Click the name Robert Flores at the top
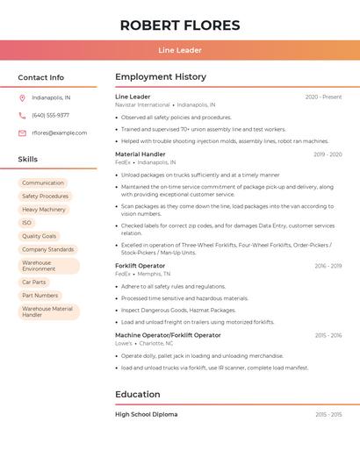coord(180,25)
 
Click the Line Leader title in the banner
coord(180,50)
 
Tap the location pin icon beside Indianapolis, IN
coord(22,98)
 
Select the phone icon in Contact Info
coord(22,115)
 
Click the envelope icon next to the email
coord(22,132)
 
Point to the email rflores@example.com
coord(60,132)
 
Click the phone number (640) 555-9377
coord(51,115)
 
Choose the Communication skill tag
coord(43,182)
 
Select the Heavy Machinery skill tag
coord(44,210)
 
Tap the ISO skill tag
coord(26,223)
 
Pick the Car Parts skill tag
coord(33,282)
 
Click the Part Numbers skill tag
coord(40,296)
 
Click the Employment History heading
coord(160,77)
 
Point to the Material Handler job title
coord(140,154)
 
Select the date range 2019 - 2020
coord(328,154)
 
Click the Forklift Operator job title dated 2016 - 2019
coord(140,266)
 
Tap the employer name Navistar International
coord(142,104)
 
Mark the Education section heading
coord(138,395)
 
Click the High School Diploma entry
coord(146,414)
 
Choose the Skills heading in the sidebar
coord(28,159)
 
